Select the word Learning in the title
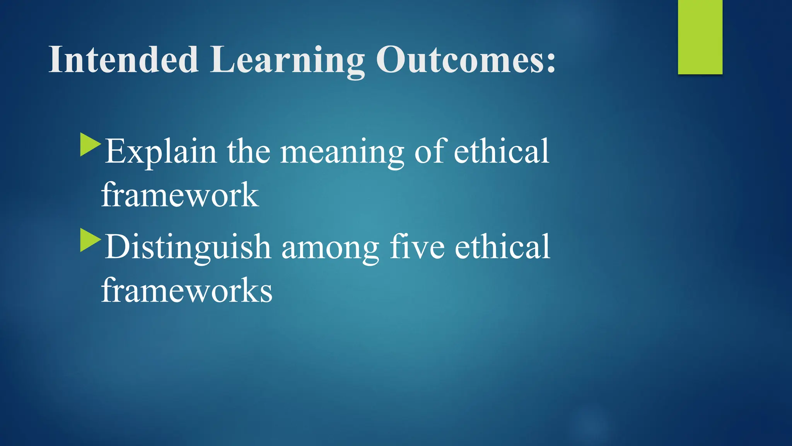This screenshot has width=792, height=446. coord(287,60)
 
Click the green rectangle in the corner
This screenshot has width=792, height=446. coord(700,37)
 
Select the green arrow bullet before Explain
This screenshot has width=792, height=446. coord(90,145)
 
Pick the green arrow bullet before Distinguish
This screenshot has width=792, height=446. coord(90,240)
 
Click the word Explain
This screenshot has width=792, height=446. coord(160,152)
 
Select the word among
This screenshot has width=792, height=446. coord(330,248)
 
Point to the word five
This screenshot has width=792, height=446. coord(417,247)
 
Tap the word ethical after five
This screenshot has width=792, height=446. coord(502,247)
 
